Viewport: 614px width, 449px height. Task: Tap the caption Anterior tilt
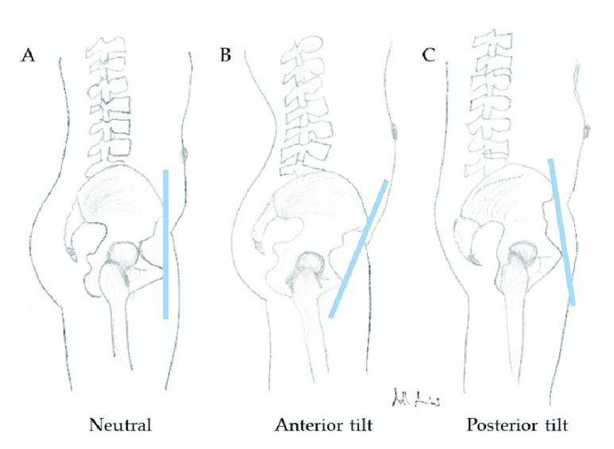pos(324,424)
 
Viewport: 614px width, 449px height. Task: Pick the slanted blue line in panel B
pos(359,249)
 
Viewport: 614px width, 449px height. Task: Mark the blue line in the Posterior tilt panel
pos(562,231)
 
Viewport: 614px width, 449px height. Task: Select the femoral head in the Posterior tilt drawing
pos(524,253)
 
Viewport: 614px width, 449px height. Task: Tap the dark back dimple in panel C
pos(589,129)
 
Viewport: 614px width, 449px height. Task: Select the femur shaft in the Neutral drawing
pos(118,334)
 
